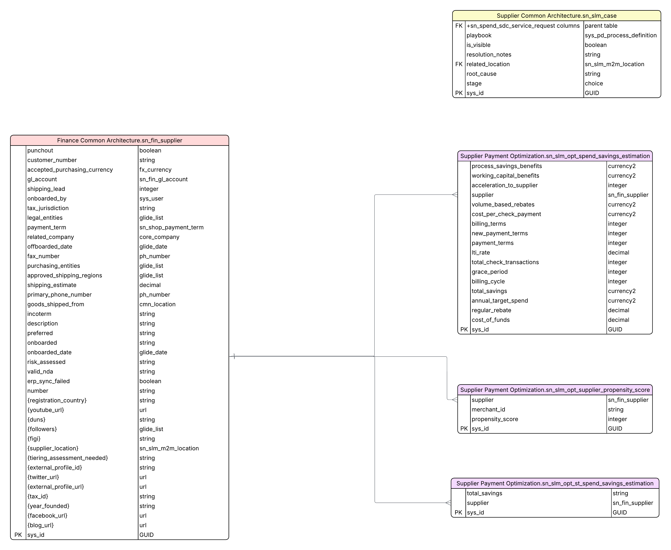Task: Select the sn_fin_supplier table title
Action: click(x=120, y=140)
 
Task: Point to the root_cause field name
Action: click(x=481, y=74)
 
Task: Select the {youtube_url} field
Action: click(x=46, y=410)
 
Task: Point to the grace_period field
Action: click(x=490, y=272)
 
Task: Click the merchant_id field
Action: click(x=488, y=410)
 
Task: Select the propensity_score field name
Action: click(x=495, y=419)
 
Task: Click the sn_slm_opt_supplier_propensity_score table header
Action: click(x=555, y=390)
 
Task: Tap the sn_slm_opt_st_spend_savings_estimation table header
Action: click(x=555, y=483)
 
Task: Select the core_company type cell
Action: click(x=159, y=237)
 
